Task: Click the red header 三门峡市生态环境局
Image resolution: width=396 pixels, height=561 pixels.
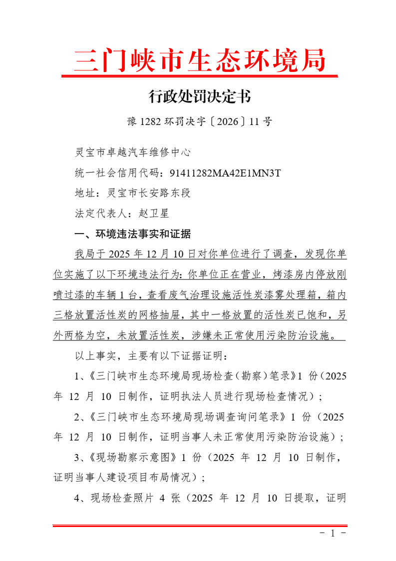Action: coord(200,61)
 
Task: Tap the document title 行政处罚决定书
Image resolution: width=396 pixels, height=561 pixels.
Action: coord(199,96)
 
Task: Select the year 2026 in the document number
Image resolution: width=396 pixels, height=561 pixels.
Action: coord(228,121)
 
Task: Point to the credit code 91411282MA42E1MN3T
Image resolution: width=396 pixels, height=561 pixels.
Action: coord(225,173)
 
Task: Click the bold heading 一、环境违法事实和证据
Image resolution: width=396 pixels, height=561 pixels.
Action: coord(132,234)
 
